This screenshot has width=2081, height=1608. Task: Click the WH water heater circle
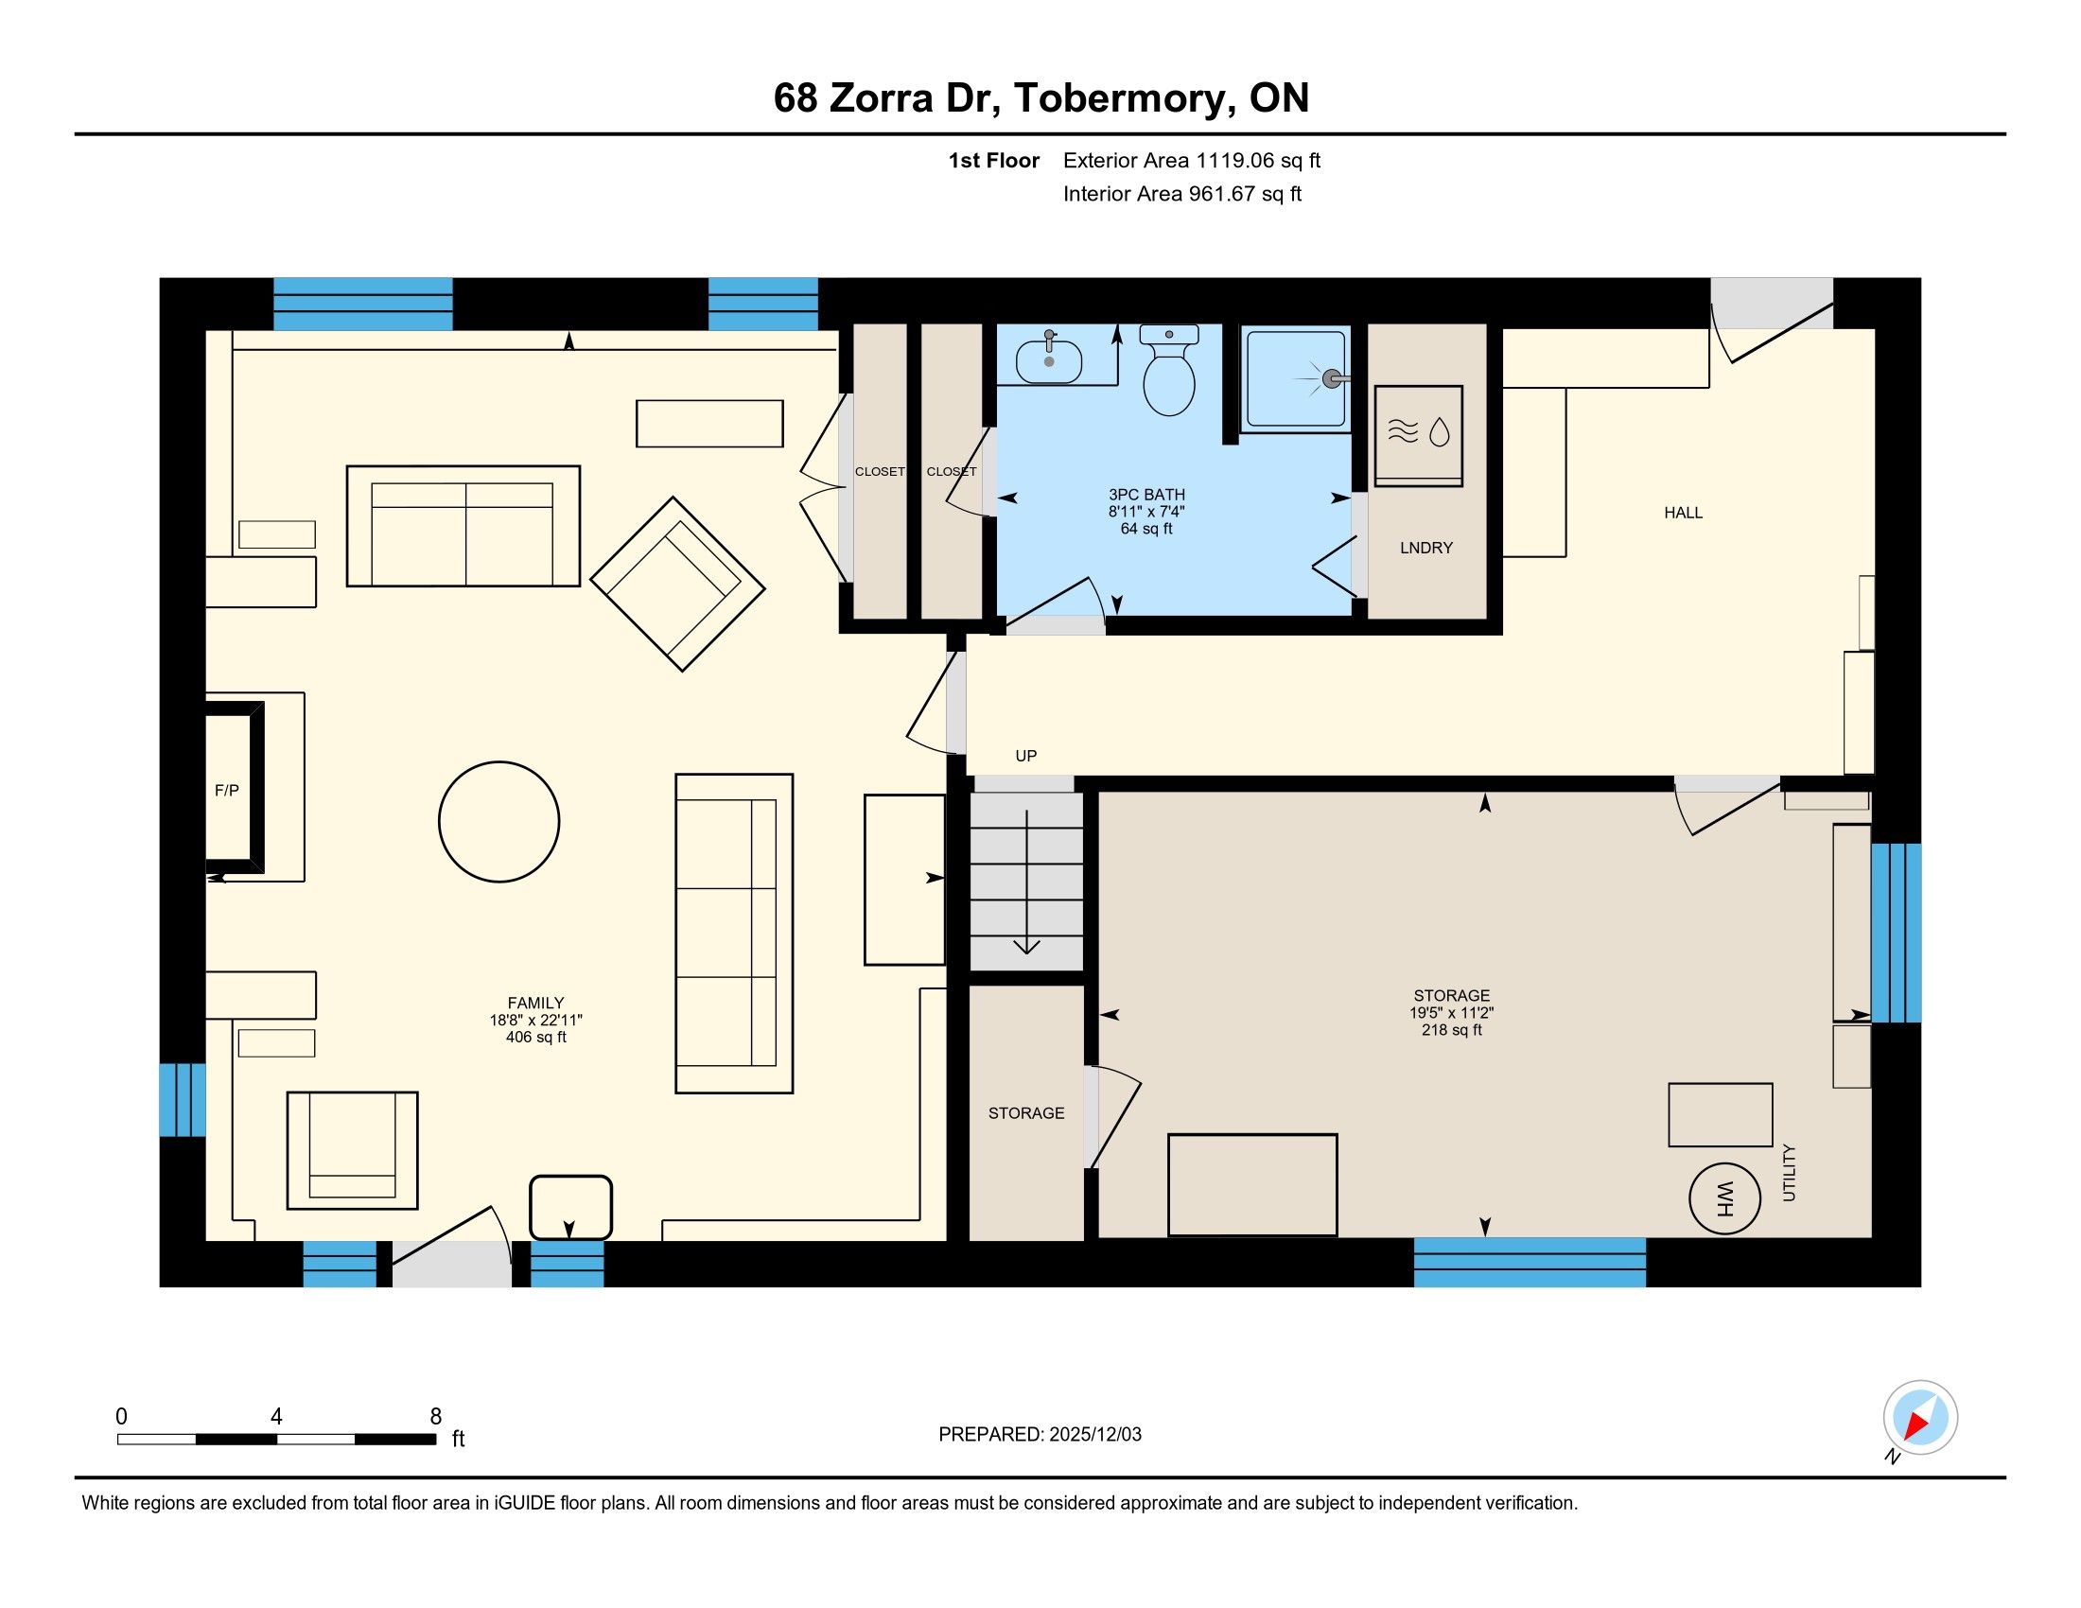1723,1198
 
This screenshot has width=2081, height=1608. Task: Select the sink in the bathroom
1049,360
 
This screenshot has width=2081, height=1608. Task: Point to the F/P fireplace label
227,791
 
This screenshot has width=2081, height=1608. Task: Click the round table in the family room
499,822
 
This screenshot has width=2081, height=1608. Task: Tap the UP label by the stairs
1026,757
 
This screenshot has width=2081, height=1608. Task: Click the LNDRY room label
1426,548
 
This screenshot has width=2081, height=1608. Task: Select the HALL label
1684,513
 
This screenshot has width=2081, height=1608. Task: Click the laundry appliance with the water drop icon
1419,436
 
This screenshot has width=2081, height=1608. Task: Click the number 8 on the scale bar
436,1417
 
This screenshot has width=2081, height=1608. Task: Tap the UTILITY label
1789,1173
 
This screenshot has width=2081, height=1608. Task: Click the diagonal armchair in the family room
677,584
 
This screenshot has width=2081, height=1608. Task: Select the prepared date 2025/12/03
1094,1435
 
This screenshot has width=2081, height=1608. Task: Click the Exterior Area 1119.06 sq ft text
1192,161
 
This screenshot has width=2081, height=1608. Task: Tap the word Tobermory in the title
1121,98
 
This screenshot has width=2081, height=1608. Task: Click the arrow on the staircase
1026,883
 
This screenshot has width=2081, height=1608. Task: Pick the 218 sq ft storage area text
1452,1030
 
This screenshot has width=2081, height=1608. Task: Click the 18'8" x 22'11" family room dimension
536,1021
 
